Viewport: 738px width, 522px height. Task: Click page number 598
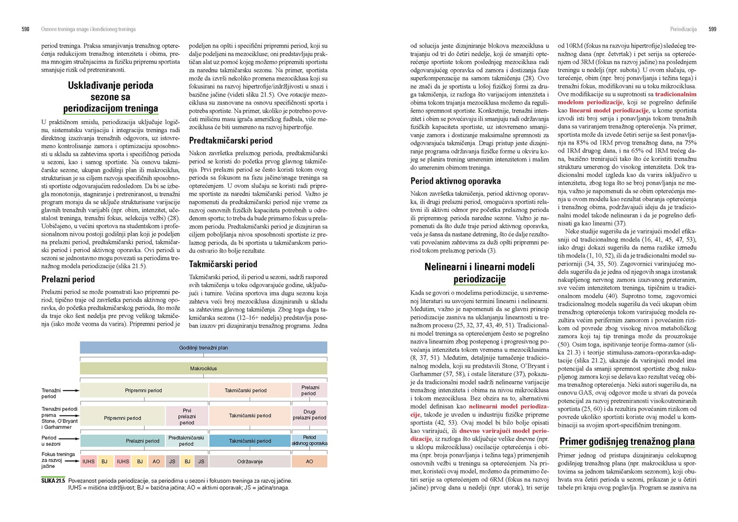tap(25, 29)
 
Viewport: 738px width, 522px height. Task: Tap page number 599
tap(712, 29)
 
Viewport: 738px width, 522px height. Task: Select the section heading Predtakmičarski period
tap(230, 140)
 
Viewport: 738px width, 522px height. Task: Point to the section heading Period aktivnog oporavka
tap(455, 181)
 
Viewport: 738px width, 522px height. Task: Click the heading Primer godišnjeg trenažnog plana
tap(627, 442)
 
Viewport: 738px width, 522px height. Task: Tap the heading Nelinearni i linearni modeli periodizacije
tap(479, 272)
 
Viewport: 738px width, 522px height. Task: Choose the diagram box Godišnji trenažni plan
tap(203, 348)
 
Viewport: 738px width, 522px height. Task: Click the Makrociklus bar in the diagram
tap(203, 369)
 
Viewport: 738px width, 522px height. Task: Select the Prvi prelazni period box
tap(186, 417)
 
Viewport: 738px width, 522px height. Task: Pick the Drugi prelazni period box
tap(309, 414)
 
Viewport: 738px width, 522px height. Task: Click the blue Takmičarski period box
tap(250, 441)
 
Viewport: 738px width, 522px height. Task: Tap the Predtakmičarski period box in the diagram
tap(186, 441)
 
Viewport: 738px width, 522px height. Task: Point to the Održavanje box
tap(250, 461)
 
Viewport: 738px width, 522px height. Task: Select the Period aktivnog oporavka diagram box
tap(309, 441)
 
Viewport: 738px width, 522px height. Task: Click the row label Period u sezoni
tap(51, 441)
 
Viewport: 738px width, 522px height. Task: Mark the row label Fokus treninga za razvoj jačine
tap(58, 460)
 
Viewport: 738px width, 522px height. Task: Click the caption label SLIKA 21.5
tap(53, 481)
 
